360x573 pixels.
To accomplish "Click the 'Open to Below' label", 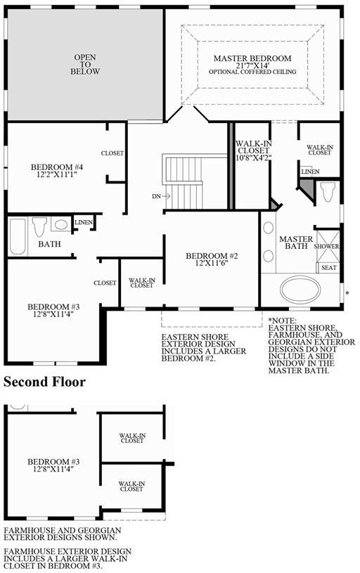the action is click(x=85, y=64).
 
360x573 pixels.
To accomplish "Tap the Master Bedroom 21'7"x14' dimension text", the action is click(x=252, y=65).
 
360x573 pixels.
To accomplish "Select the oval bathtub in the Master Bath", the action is click(x=300, y=289).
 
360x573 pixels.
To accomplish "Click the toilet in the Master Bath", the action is click(x=328, y=191).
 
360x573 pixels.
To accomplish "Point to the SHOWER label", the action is click(x=326, y=246).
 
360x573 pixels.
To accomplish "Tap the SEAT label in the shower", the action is click(x=328, y=268).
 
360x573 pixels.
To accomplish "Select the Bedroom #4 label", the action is click(x=57, y=167).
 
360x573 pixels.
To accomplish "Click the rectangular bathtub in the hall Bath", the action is click(x=17, y=236).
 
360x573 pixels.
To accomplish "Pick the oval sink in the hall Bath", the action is click(x=60, y=224).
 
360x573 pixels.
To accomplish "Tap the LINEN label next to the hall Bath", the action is click(x=84, y=222).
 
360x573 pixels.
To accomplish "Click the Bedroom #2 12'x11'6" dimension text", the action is click(x=211, y=263).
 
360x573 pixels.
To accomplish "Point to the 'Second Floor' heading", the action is click(x=44, y=382).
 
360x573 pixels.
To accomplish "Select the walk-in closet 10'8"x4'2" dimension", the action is click(x=253, y=157).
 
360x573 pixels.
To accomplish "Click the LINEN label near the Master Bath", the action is click(x=310, y=172).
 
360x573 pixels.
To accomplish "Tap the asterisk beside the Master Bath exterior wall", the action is click(x=347, y=293).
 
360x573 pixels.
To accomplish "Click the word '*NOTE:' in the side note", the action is click(x=283, y=321).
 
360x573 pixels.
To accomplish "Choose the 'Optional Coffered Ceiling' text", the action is click(x=252, y=72).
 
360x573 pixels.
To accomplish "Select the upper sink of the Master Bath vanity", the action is click(x=269, y=228).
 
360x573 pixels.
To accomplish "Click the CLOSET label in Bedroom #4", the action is click(x=112, y=153).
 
